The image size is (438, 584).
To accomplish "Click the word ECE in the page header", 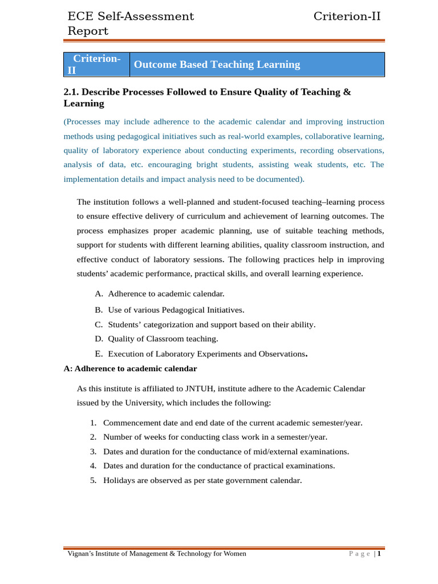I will point(80,17).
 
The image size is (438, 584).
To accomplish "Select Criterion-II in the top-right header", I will point(347,17).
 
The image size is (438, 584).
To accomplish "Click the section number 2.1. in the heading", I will point(73,92).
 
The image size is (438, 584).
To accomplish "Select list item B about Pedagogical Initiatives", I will point(176,310).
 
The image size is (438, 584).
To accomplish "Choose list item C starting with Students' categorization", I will point(211,325).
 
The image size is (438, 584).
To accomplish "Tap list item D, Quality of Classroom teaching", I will point(163,339).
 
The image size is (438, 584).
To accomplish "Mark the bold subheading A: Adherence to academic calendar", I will point(130,368).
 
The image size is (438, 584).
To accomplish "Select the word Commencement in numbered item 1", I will point(131,423).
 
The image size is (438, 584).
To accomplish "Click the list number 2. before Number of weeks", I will point(93,437).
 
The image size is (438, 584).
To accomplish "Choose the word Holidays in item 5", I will point(120,480).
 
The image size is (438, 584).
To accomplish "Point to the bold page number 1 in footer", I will point(379,554).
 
